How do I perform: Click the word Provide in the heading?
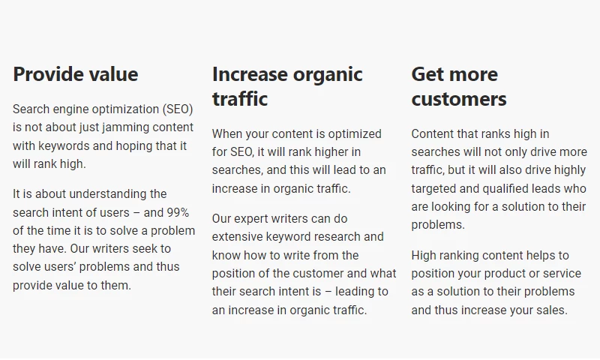[47, 73]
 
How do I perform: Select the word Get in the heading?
[428, 73]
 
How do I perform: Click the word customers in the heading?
[459, 99]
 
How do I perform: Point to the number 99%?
[177, 212]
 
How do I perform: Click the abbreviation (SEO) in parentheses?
[178, 109]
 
